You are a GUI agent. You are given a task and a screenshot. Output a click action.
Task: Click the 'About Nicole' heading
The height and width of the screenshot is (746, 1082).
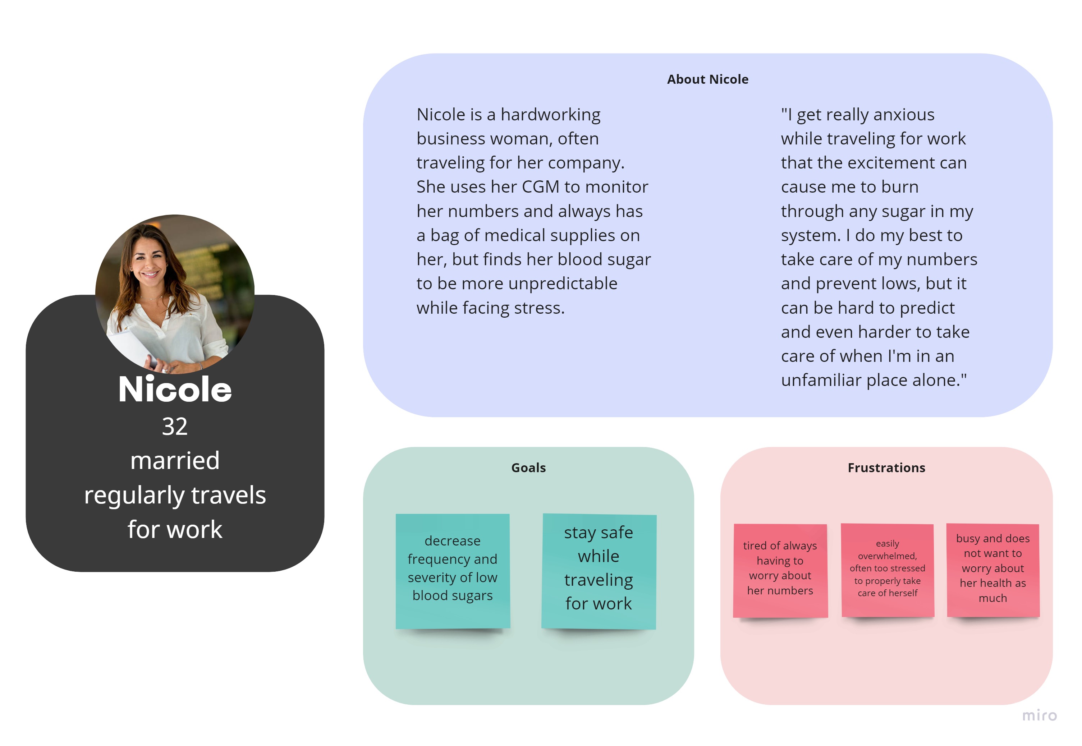click(x=707, y=79)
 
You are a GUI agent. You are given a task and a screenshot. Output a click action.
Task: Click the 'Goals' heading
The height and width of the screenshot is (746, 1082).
click(x=528, y=468)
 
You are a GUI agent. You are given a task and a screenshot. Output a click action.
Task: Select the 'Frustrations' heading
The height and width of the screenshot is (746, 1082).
click(x=886, y=468)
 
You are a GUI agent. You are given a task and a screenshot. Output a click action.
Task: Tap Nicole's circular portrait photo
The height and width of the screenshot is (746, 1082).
click(x=175, y=294)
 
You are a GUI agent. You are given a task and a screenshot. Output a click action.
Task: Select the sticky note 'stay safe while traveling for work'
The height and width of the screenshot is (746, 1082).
click(x=599, y=571)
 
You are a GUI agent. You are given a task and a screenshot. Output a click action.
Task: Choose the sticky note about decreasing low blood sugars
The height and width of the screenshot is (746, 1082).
click(x=453, y=571)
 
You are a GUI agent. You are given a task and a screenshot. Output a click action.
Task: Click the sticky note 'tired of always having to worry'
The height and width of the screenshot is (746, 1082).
click(x=780, y=571)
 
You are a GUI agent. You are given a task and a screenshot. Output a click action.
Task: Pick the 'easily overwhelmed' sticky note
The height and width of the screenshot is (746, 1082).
click(x=888, y=570)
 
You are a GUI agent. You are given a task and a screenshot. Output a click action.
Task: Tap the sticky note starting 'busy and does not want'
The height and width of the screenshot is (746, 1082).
click(x=993, y=570)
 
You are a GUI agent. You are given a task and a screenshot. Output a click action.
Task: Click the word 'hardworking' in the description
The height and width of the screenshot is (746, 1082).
click(x=550, y=115)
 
